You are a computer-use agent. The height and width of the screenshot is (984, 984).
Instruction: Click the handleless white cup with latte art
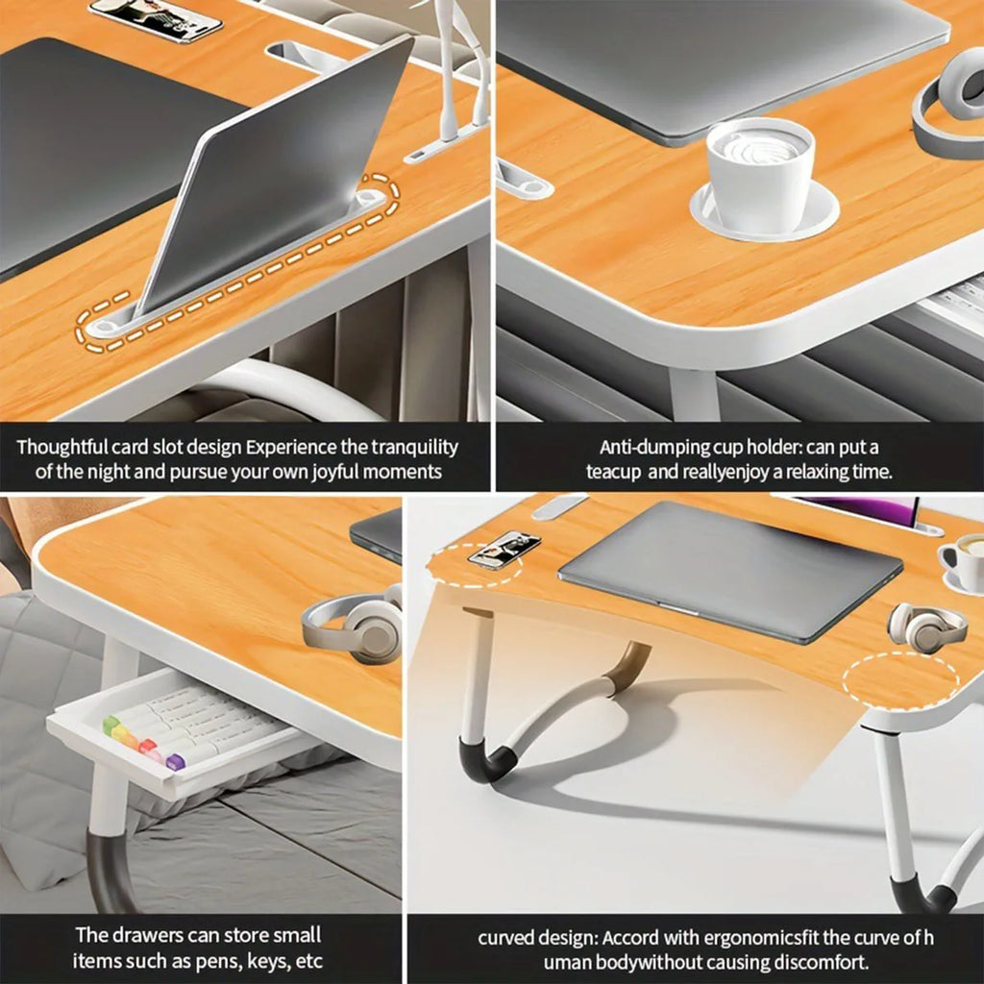coord(760,173)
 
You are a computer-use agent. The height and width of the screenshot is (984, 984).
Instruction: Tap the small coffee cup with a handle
coord(964,561)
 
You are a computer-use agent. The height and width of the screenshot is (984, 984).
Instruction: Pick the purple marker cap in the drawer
coord(175,762)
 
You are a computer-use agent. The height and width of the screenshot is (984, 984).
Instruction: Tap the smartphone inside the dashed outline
coord(504,549)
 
